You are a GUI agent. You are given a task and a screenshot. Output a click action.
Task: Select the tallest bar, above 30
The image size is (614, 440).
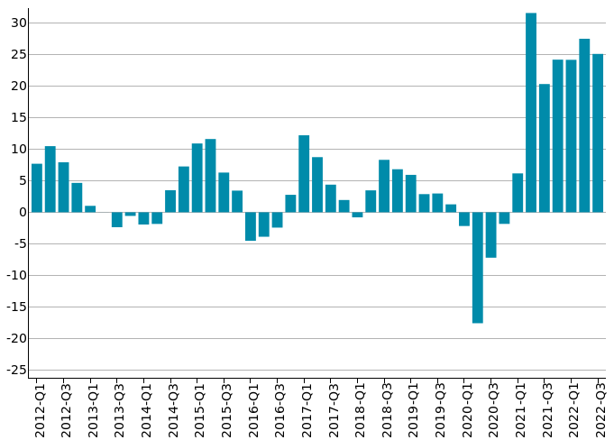[x=531, y=113]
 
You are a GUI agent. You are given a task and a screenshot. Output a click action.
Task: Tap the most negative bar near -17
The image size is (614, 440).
[x=477, y=267]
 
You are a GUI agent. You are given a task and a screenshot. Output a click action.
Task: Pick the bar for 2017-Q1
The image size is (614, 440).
[x=304, y=173]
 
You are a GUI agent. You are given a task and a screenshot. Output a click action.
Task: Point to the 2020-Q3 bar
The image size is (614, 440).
[x=490, y=234]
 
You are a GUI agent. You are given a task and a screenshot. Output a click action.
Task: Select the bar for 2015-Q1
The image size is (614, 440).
[x=197, y=178]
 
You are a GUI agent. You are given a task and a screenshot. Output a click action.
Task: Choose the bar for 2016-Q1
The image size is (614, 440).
[x=251, y=226]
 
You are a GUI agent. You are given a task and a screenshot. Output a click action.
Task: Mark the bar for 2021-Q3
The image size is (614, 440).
[x=545, y=148]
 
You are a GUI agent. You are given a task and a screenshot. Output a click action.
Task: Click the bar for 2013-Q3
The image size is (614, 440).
[x=117, y=219]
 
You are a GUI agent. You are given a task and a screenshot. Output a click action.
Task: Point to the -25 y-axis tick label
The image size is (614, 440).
[x=15, y=370]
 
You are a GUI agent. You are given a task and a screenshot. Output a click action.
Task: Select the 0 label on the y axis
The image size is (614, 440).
[x=22, y=212]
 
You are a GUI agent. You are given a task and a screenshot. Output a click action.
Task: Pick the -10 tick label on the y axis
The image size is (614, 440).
[x=15, y=275]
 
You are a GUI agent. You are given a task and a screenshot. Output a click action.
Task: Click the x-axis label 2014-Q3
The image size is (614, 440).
[x=171, y=410]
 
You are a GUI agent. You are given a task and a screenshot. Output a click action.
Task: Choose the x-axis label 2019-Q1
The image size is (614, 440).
[x=411, y=410]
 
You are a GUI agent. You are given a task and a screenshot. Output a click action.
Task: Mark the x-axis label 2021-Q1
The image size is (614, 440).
[x=518, y=410]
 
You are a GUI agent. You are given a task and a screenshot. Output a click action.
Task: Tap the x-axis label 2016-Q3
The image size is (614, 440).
[x=278, y=410]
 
